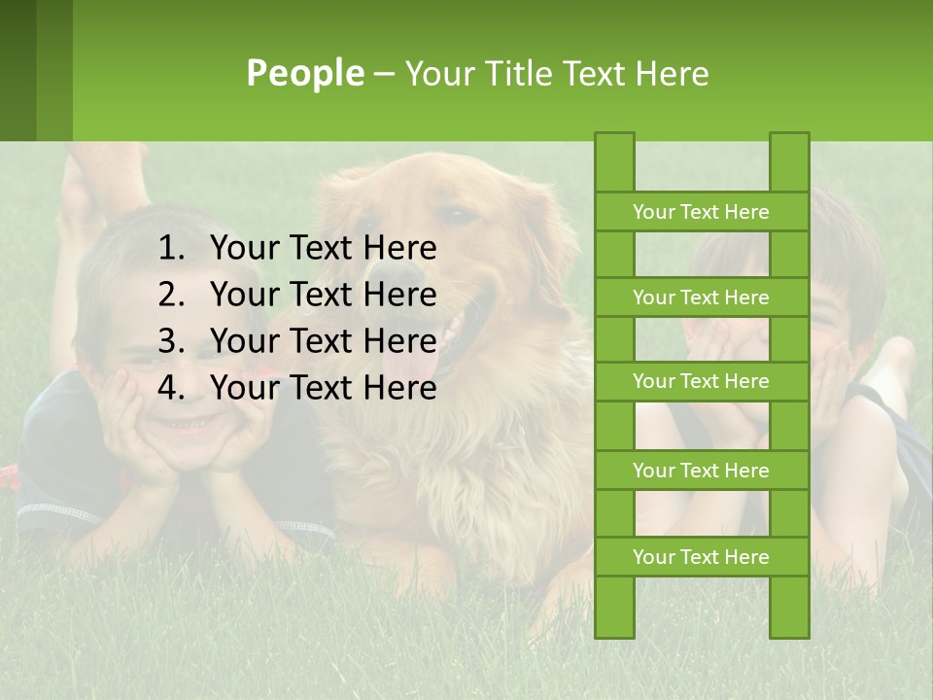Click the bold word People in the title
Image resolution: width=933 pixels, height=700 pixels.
click(304, 73)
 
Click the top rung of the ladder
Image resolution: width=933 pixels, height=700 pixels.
click(701, 212)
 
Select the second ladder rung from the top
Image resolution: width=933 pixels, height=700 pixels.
click(701, 297)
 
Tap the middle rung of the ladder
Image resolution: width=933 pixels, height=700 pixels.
click(701, 382)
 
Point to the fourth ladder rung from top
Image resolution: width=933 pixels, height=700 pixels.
click(701, 471)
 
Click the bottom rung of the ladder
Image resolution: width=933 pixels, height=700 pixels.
click(701, 557)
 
